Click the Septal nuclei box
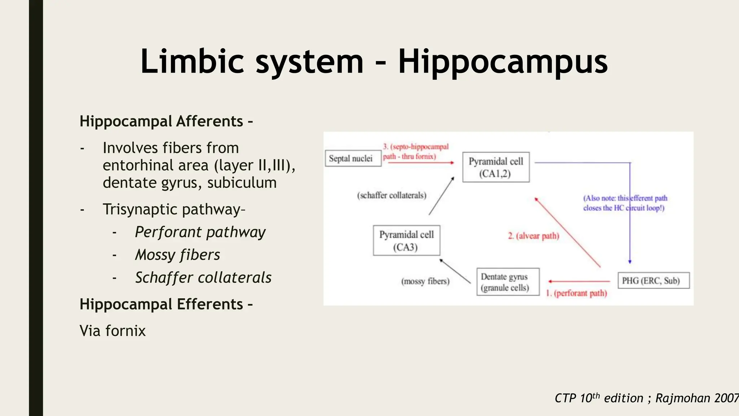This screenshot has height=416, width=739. [353, 159]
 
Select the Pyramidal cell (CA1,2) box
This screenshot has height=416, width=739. [496, 167]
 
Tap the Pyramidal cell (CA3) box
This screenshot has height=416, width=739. [406, 240]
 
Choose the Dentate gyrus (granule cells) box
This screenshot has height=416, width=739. [508, 282]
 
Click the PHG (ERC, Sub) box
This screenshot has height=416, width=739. [653, 281]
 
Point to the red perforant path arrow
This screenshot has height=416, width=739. [579, 281]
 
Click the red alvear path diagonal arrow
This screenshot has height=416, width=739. [567, 233]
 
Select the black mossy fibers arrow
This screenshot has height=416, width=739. [455, 271]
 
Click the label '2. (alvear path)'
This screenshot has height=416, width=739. [533, 236]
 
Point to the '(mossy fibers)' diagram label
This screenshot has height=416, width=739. [425, 281]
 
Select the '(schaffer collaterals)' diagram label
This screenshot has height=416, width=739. [392, 195]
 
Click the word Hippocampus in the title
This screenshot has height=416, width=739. [503, 62]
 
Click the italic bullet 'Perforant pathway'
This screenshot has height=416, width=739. [200, 232]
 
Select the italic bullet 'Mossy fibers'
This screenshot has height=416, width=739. [177, 255]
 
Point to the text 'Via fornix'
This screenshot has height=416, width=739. [113, 331]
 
